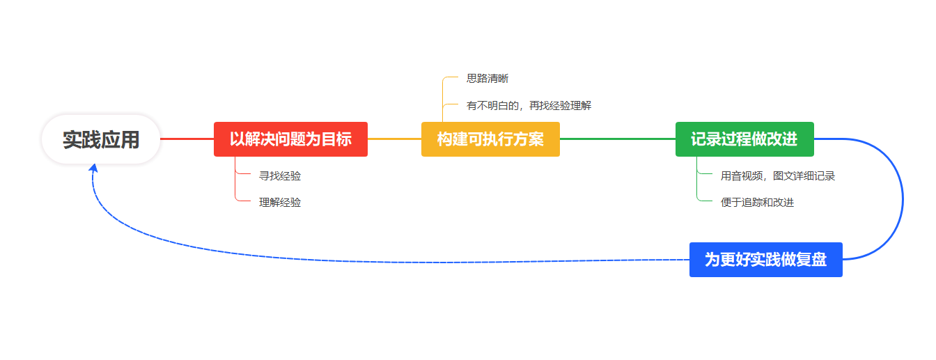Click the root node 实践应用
(101, 139)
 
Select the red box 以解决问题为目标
(290, 139)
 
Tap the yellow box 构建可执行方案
(490, 139)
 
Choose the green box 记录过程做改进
(744, 139)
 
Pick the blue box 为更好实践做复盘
(766, 259)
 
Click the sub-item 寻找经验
(280, 176)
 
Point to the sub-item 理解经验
(280, 203)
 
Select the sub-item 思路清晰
(487, 79)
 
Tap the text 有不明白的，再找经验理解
(529, 106)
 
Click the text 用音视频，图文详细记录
(778, 176)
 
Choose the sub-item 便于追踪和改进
(757, 203)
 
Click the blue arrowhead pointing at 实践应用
(93, 168)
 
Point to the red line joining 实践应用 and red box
(187, 139)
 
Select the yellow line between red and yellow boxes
(394, 139)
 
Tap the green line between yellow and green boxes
(618, 139)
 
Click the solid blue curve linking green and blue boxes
(903, 198)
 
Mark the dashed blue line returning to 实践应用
(376, 262)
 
